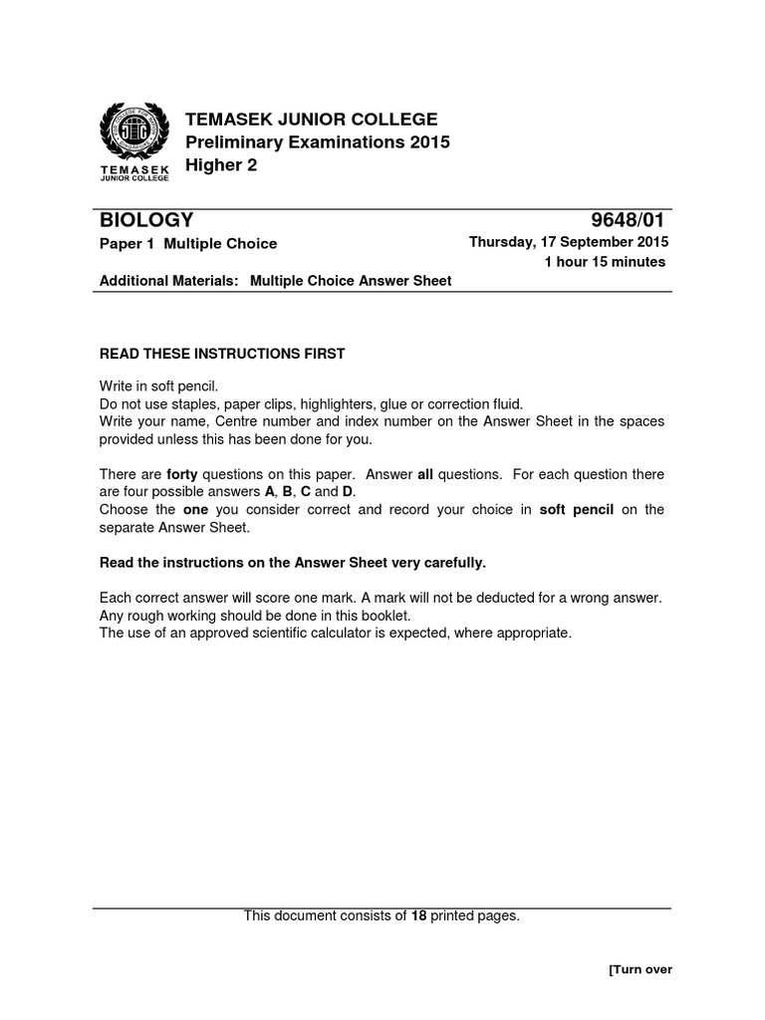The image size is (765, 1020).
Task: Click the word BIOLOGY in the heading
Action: [146, 220]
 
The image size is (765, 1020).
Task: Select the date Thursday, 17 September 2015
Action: [569, 242]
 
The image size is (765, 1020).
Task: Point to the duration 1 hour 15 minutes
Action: [604, 262]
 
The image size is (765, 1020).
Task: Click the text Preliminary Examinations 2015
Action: [318, 142]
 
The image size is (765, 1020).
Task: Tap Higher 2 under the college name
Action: [222, 165]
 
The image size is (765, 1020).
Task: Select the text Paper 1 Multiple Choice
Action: [188, 243]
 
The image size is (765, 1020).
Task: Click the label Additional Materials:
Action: [169, 281]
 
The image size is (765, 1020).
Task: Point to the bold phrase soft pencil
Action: [578, 510]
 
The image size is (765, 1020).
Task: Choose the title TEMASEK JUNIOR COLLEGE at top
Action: [312, 121]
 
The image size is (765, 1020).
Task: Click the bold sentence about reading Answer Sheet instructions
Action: [293, 563]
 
